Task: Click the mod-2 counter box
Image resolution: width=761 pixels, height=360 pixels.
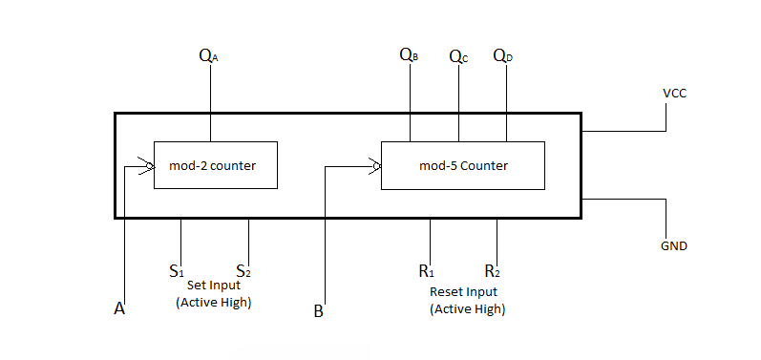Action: (x=215, y=165)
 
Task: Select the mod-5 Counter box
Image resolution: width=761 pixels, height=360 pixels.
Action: (x=463, y=165)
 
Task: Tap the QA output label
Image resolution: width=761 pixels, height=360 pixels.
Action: (x=208, y=55)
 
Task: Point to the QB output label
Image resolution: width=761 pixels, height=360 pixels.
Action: (x=409, y=55)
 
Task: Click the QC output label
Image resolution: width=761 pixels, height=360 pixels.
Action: (x=458, y=56)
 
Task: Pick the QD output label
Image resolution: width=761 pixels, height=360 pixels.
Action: (x=502, y=55)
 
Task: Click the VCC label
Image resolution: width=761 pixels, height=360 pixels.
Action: (x=674, y=94)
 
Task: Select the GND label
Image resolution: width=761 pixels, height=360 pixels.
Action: (x=674, y=245)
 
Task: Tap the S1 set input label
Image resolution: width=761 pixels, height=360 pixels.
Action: (x=177, y=270)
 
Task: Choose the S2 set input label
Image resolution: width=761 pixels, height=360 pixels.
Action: (x=244, y=270)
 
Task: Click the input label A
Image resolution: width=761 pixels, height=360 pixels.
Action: (x=119, y=308)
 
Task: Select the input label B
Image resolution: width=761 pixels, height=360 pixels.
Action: (x=319, y=309)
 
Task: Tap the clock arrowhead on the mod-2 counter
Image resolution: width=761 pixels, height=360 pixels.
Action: (x=146, y=167)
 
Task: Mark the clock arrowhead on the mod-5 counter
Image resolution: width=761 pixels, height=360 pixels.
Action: (x=375, y=168)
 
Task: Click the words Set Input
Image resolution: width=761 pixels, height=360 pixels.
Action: (x=214, y=285)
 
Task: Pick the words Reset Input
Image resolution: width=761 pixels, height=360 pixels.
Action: (x=463, y=291)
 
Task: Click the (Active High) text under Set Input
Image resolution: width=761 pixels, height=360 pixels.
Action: (x=214, y=302)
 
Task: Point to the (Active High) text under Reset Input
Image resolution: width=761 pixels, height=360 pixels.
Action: (x=467, y=309)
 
